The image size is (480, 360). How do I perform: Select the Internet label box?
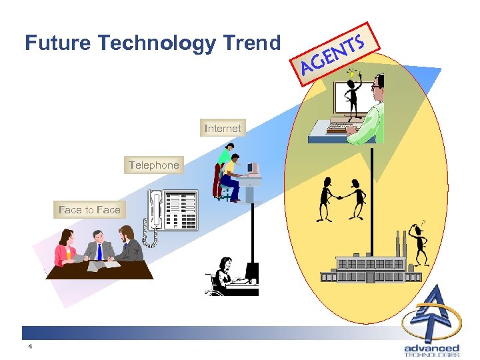[223, 128]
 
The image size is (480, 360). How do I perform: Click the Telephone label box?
[154, 165]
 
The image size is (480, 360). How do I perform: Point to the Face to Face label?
[89, 209]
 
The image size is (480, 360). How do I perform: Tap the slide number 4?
[30, 347]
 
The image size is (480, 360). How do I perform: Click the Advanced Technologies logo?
[432, 323]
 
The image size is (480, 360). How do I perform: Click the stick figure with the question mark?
[419, 243]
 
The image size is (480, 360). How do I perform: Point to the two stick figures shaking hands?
[341, 198]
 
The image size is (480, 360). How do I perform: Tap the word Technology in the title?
[157, 43]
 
